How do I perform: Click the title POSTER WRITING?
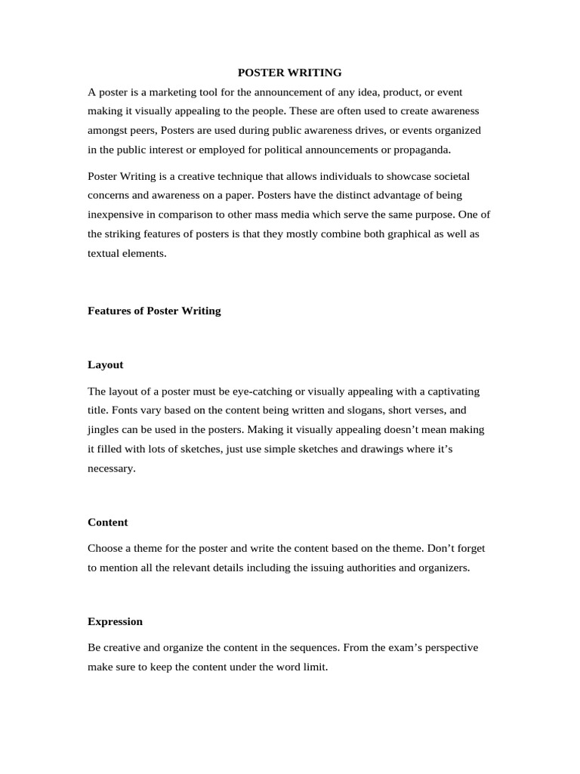click(289, 73)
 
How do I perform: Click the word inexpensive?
click(115, 215)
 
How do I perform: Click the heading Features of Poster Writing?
click(154, 311)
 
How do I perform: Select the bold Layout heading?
click(105, 364)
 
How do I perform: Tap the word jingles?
click(104, 430)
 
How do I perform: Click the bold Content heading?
click(107, 522)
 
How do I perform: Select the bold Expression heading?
click(115, 621)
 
